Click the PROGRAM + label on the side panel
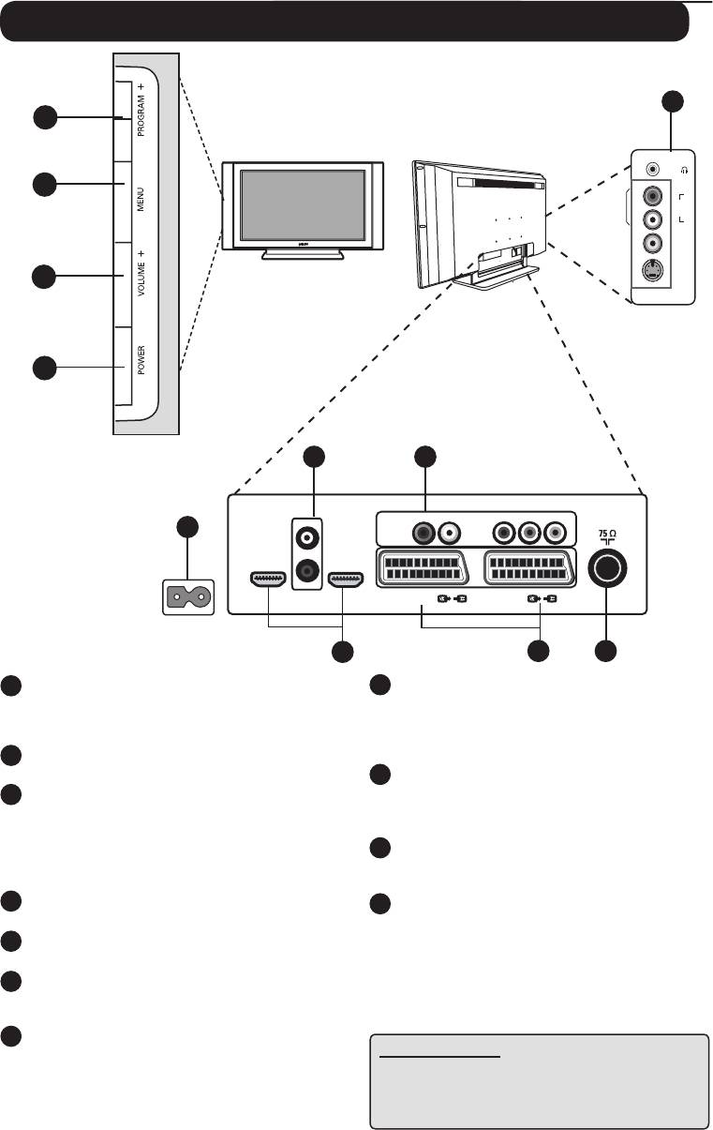click(x=141, y=110)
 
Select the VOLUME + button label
click(x=141, y=274)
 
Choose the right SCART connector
click(x=529, y=566)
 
